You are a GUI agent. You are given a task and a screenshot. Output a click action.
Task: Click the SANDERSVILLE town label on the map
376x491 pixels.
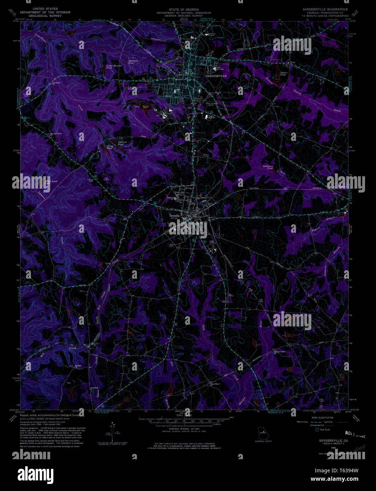pyautogui.click(x=216, y=76)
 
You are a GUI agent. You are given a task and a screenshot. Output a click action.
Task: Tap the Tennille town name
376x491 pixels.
pyautogui.click(x=174, y=215)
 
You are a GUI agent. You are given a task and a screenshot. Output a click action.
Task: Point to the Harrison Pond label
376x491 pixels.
pyautogui.click(x=133, y=62)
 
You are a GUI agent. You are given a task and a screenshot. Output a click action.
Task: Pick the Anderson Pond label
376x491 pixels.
pyautogui.click(x=268, y=167)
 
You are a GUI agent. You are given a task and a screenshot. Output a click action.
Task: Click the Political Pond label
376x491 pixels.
pyautogui.click(x=122, y=143)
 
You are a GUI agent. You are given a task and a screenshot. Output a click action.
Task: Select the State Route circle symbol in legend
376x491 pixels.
pyautogui.click(x=317, y=430)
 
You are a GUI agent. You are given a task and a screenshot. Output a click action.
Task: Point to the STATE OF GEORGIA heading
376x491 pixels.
pyautogui.click(x=184, y=10)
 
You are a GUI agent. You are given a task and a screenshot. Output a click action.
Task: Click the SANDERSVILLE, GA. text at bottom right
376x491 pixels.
pyautogui.click(x=334, y=440)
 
